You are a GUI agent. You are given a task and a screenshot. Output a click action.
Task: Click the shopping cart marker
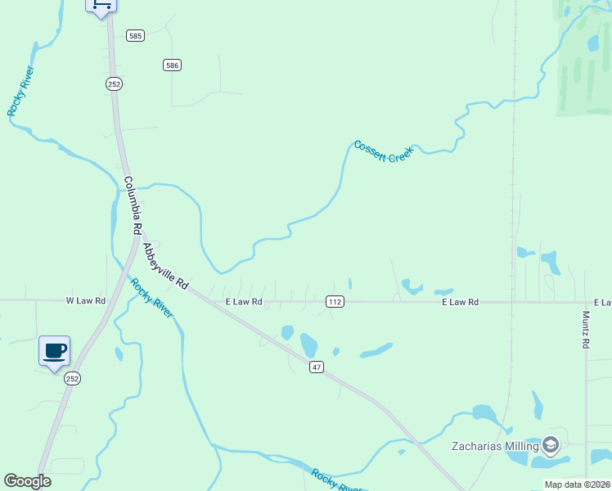tap(101, 5)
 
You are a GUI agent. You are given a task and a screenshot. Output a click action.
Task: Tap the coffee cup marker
tap(55, 351)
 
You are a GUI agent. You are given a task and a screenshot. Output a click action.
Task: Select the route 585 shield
tap(136, 36)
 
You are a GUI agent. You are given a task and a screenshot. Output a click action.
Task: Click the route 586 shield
tap(172, 65)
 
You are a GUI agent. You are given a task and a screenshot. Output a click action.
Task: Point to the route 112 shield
tap(335, 302)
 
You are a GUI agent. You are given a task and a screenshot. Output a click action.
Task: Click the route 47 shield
tap(317, 367)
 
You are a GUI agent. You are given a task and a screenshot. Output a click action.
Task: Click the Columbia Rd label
tap(133, 204)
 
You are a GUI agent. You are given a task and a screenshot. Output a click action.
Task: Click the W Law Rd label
tap(86, 301)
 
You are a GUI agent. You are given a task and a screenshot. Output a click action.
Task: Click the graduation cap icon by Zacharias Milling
tap(551, 444)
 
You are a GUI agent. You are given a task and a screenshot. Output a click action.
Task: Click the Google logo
tap(27, 481)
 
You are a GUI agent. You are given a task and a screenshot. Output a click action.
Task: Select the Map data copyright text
tap(578, 484)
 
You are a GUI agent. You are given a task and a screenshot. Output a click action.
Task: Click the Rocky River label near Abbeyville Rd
tap(152, 299)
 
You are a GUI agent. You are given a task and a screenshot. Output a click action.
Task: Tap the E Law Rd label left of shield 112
tap(244, 302)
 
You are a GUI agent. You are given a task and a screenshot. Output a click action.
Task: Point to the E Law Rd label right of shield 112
tap(460, 302)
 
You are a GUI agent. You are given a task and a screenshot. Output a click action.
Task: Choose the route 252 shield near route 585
tap(114, 83)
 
